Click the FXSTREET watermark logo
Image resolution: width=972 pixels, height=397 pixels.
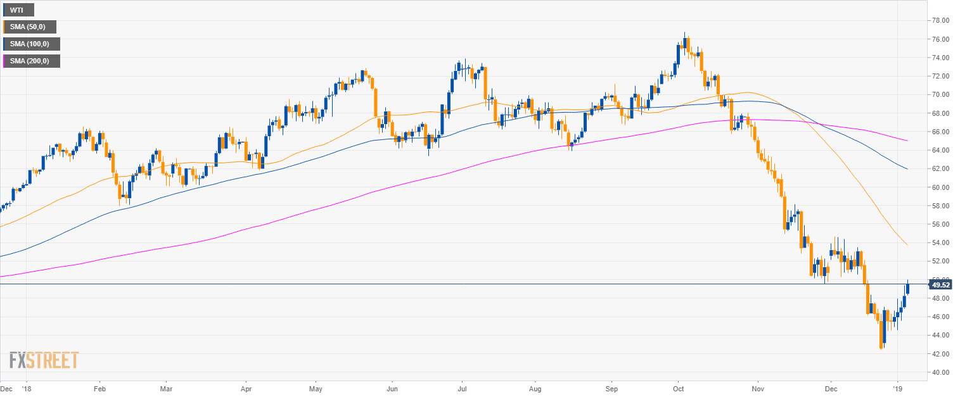click(44, 360)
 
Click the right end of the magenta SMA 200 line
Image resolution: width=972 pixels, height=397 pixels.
click(907, 141)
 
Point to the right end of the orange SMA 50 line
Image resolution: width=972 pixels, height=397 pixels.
click(907, 245)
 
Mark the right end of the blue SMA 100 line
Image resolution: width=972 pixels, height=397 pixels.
click(907, 169)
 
